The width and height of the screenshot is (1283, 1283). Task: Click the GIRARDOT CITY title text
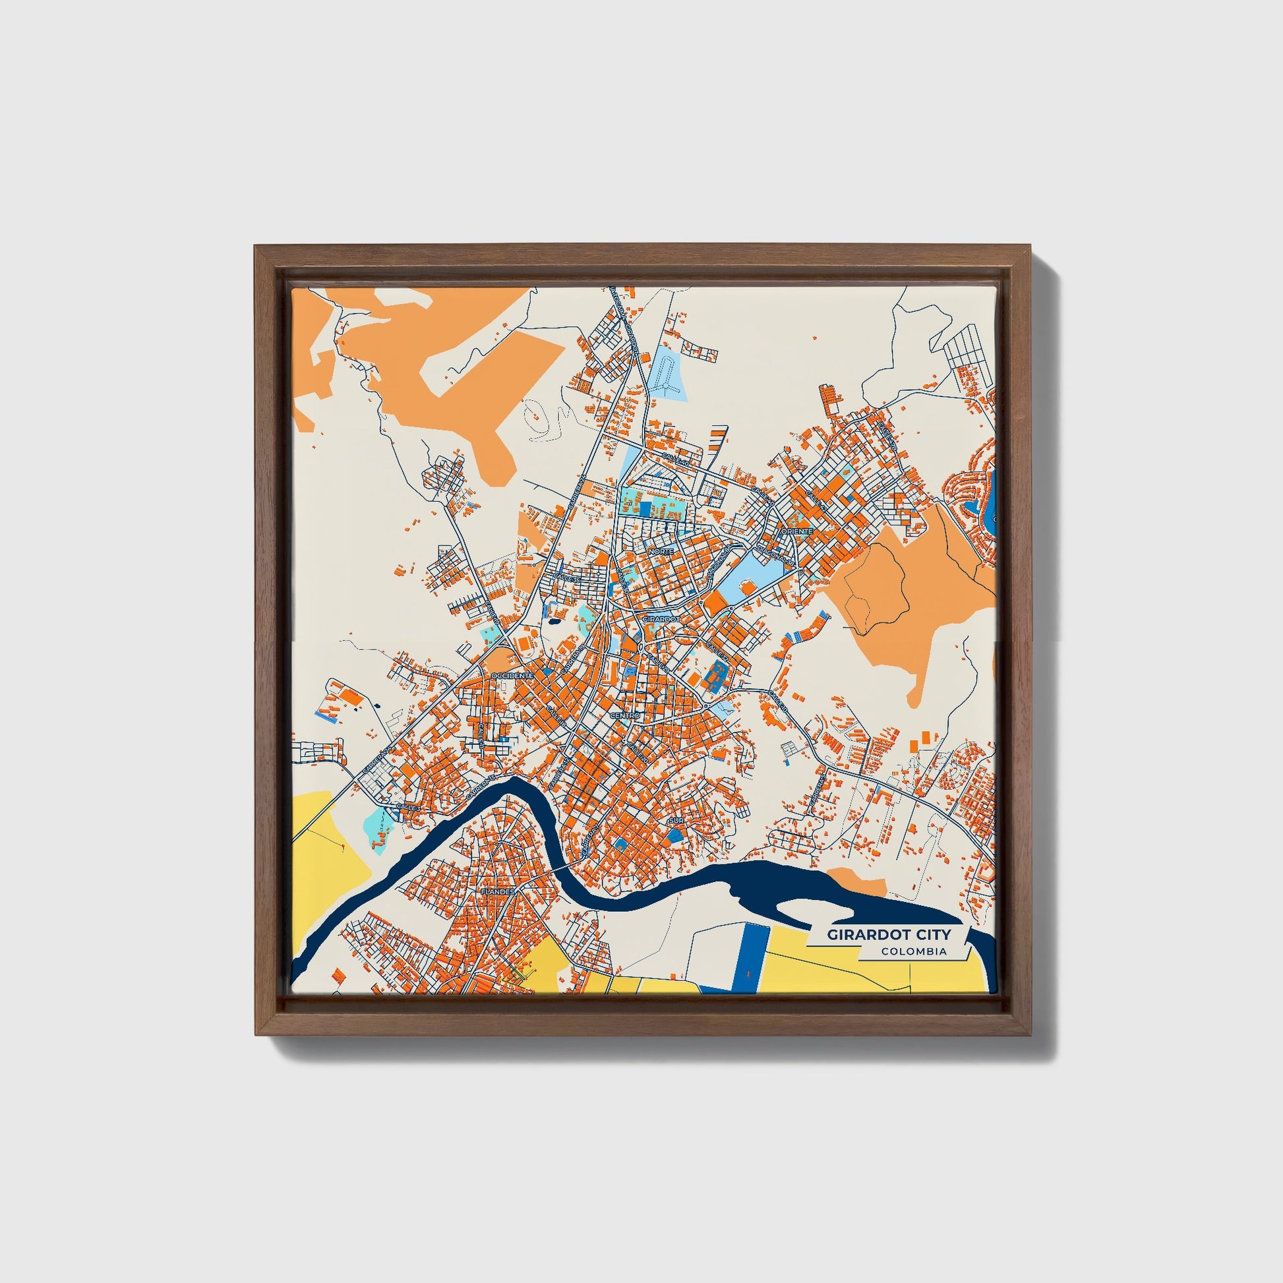click(889, 934)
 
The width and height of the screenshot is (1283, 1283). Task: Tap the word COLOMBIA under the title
click(914, 951)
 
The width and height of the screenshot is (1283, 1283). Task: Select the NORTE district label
click(661, 551)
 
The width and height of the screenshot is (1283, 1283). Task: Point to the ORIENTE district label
click(797, 531)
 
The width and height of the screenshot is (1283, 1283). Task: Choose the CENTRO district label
click(624, 716)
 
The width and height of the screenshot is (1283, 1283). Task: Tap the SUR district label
click(676, 821)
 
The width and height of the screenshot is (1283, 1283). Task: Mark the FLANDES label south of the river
click(498, 891)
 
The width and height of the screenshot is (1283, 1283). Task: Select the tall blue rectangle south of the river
click(752, 953)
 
